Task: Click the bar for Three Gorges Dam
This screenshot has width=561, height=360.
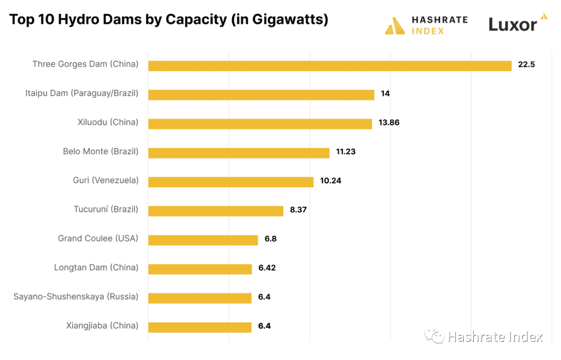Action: click(x=330, y=65)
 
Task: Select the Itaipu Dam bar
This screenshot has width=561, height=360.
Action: click(x=261, y=95)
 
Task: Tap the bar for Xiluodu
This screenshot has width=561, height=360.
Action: click(x=260, y=124)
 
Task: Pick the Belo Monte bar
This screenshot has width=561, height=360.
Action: click(x=239, y=153)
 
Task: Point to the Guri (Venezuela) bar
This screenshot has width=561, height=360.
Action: click(x=231, y=182)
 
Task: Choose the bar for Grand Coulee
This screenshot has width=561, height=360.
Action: click(x=203, y=240)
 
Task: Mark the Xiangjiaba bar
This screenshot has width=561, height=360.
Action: click(x=200, y=327)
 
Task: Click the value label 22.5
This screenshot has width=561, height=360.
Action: click(x=526, y=65)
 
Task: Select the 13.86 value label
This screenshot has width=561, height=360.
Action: click(x=389, y=123)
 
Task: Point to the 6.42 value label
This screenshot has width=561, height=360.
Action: click(x=267, y=269)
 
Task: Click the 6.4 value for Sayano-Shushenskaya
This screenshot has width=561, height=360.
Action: click(x=264, y=297)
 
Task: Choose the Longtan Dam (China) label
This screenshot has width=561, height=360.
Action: click(x=96, y=268)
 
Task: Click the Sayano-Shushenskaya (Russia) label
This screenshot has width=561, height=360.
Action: click(x=76, y=297)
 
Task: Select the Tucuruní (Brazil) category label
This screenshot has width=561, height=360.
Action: click(x=106, y=209)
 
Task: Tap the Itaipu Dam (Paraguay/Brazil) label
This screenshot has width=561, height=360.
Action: click(x=82, y=93)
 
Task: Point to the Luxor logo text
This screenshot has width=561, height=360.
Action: click(x=513, y=24)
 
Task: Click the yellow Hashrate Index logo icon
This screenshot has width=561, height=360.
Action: click(x=395, y=25)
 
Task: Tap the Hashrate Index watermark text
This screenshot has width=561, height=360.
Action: click(x=495, y=337)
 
